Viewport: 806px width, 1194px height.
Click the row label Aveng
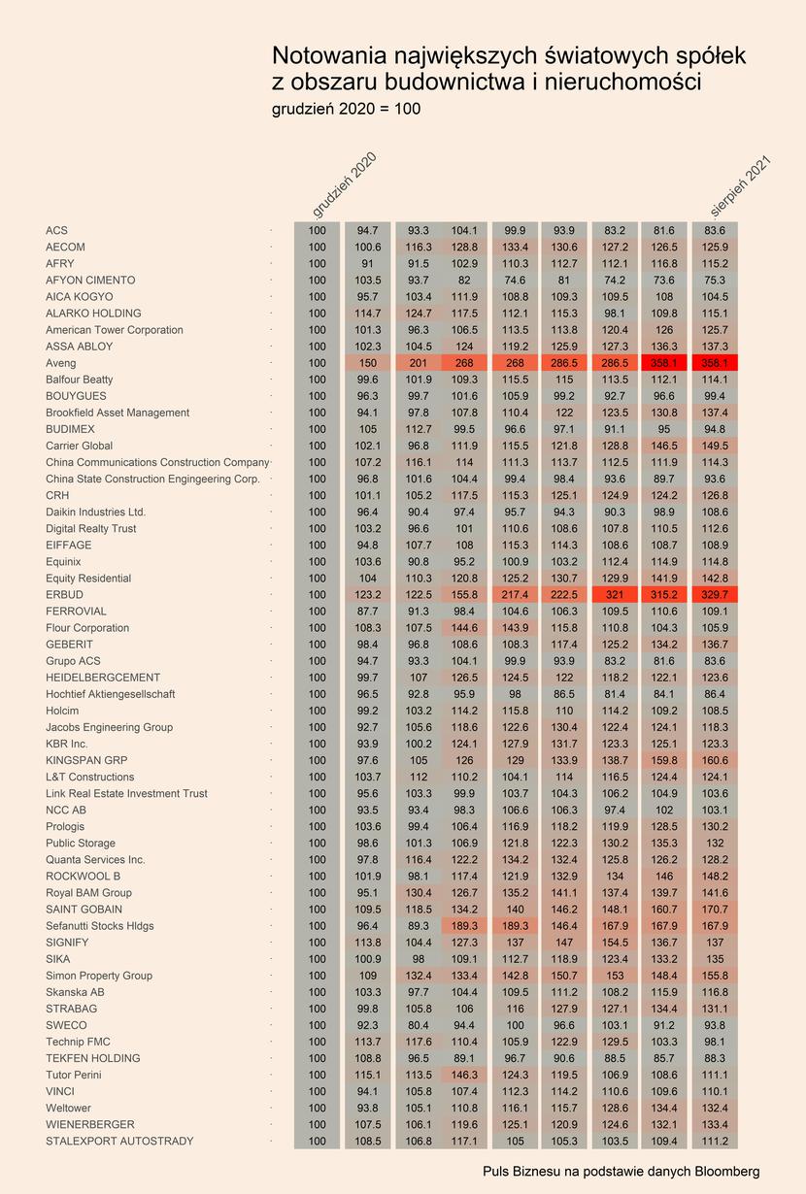click(61, 363)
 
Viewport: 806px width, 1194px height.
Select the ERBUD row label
click(64, 595)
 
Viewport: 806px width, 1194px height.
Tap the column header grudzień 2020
click(345, 185)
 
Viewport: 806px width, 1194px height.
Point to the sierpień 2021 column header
click(741, 186)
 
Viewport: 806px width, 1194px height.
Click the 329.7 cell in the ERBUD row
click(715, 595)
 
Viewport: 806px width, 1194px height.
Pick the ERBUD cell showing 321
click(615, 595)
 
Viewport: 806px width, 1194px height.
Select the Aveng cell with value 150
click(368, 363)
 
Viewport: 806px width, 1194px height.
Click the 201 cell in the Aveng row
click(419, 363)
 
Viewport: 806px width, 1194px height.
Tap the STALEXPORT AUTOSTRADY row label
click(119, 1142)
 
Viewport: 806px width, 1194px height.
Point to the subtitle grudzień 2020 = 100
click(346, 109)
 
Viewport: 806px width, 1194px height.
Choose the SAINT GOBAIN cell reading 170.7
click(715, 910)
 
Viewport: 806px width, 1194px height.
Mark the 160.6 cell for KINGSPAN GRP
click(715, 760)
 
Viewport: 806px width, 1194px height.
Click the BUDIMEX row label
click(70, 429)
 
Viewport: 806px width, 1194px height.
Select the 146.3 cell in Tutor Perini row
click(464, 1075)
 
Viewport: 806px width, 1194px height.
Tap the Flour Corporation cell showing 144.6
click(464, 628)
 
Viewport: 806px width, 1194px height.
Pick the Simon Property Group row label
click(99, 976)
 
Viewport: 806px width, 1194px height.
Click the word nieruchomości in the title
click(622, 83)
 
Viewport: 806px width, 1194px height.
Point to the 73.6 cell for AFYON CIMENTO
click(664, 281)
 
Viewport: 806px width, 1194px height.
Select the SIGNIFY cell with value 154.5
click(615, 943)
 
